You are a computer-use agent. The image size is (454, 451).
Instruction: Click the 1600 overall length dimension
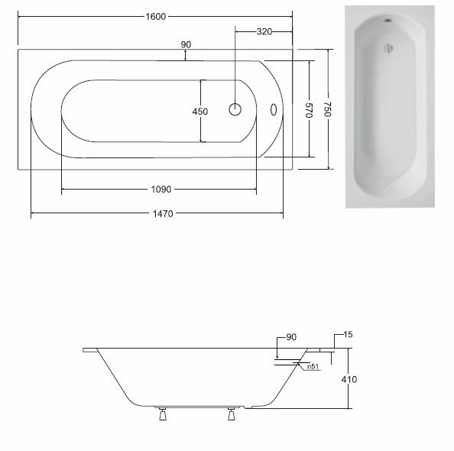[x=155, y=17]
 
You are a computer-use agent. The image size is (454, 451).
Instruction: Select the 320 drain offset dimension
[x=264, y=31]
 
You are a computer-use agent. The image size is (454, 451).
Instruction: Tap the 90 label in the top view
[x=186, y=44]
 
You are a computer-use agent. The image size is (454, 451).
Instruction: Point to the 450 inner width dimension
[x=200, y=112]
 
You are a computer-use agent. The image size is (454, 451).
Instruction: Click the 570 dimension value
[x=309, y=110]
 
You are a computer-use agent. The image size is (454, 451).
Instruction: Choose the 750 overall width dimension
[x=327, y=109]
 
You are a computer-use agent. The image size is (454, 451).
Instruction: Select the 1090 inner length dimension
[x=161, y=189]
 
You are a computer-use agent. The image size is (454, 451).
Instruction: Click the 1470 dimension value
[x=163, y=214]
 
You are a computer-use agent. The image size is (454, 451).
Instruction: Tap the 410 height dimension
[x=349, y=379]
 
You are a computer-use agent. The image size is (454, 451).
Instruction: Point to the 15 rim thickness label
[x=348, y=335]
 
